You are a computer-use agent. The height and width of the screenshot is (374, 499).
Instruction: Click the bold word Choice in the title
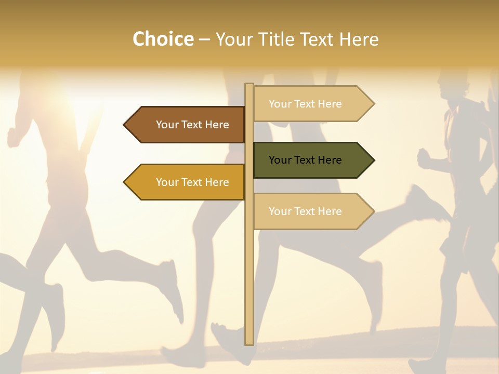click(163, 39)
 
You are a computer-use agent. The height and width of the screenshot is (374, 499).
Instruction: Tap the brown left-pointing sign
click(185, 125)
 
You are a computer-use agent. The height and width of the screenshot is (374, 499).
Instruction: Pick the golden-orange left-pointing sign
click(185, 182)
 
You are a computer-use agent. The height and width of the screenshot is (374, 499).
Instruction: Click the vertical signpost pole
click(249, 260)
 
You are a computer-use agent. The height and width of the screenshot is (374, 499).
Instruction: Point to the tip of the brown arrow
click(125, 125)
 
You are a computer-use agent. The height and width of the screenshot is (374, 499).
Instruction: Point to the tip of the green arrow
click(373, 160)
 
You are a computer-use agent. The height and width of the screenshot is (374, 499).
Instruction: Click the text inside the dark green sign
click(305, 160)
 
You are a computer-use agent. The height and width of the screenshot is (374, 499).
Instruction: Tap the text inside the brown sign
click(192, 125)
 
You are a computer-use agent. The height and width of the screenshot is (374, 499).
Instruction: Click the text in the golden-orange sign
click(192, 182)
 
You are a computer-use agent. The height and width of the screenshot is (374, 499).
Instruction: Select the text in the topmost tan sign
click(305, 104)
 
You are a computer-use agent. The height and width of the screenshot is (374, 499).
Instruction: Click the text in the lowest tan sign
click(305, 211)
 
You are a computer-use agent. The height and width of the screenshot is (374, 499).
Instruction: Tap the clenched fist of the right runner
click(424, 157)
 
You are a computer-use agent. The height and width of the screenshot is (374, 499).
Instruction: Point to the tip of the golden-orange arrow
click(125, 182)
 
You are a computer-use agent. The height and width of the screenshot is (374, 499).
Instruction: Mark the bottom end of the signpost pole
click(249, 343)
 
